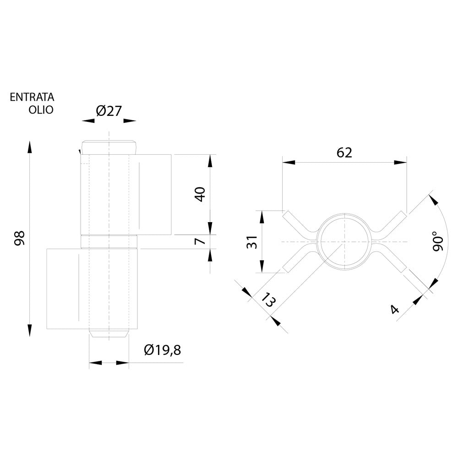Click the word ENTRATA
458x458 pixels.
point(32,97)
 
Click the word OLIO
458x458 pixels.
point(41,110)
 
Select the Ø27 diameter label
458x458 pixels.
point(109,111)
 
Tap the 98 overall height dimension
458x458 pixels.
point(20,238)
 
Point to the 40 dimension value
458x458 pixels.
point(201,194)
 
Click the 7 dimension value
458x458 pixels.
point(201,241)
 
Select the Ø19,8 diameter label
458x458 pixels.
point(163,350)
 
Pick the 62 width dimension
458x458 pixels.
point(344,153)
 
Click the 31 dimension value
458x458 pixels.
point(252,242)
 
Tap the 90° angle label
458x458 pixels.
point(438,241)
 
